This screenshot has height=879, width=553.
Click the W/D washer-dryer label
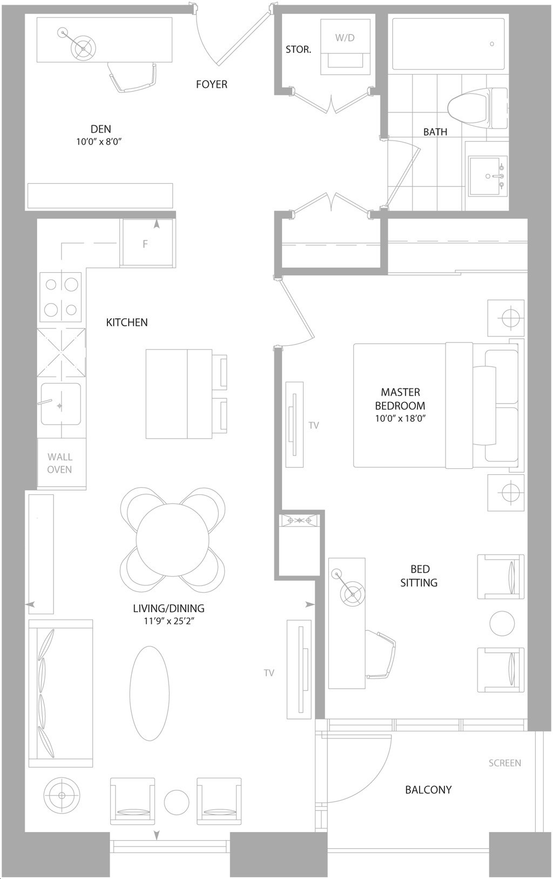[x=345, y=38]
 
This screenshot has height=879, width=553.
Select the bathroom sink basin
[x=485, y=176]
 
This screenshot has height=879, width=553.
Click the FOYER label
[x=212, y=84]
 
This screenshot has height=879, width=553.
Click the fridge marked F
[x=147, y=243]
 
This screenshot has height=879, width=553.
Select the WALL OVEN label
[x=59, y=463]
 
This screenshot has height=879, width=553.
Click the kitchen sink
[x=61, y=404]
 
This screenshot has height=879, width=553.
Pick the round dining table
[x=173, y=540]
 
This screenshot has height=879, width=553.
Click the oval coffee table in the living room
[x=150, y=693]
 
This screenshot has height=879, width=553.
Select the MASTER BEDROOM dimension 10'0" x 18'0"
[x=400, y=418]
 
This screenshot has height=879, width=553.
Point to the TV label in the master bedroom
[x=314, y=425]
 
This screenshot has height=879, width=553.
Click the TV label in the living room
[x=269, y=673]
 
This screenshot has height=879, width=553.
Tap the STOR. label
[x=299, y=50]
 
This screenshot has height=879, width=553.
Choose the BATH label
[x=435, y=132]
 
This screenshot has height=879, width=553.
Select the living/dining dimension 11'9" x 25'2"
[x=168, y=621]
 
